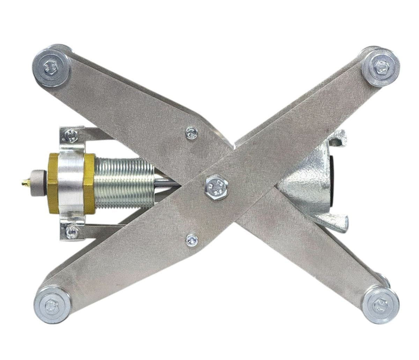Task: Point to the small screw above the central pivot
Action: [x=191, y=132]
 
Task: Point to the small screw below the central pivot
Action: [x=191, y=239]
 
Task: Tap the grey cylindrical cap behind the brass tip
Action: [x=38, y=183]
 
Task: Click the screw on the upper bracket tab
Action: [x=71, y=134]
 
